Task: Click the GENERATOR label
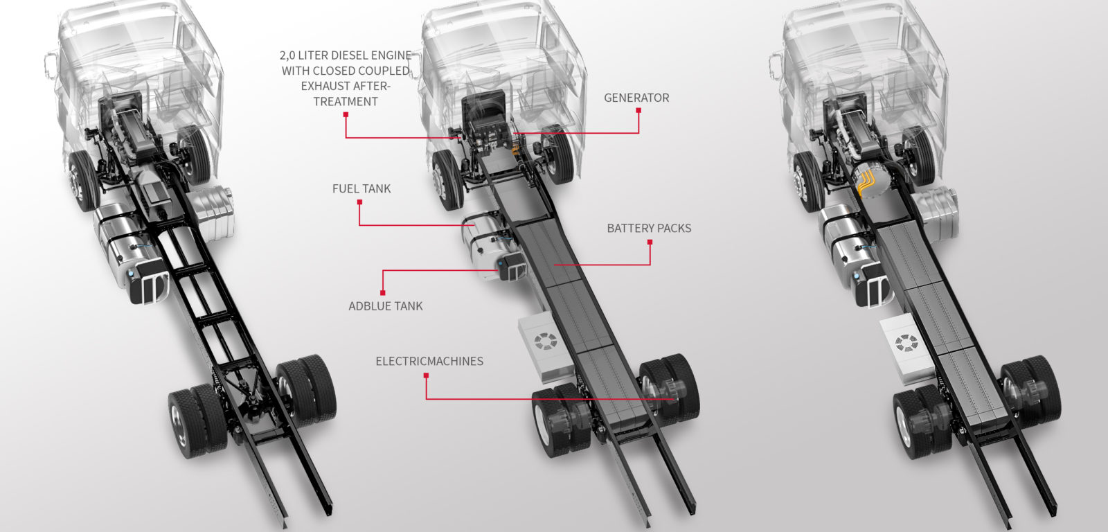click(x=636, y=98)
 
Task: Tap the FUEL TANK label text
click(x=361, y=188)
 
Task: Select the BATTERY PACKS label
click(x=649, y=228)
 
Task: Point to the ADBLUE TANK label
click(x=385, y=305)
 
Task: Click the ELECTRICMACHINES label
click(x=429, y=361)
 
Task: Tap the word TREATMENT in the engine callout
click(x=346, y=101)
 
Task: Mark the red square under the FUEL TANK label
click(x=359, y=202)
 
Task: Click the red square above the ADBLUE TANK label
click(x=383, y=292)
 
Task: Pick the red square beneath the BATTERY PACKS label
click(x=650, y=242)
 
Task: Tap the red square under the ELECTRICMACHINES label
click(x=426, y=375)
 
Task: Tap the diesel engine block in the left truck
click(x=132, y=132)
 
